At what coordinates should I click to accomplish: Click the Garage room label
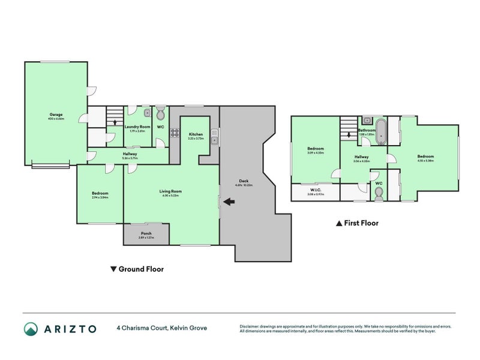tap(56, 114)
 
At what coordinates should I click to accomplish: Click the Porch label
tap(146, 233)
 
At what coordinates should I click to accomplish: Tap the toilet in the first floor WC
tap(378, 192)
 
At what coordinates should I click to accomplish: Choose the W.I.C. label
tap(315, 190)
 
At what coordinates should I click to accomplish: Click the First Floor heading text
tap(361, 223)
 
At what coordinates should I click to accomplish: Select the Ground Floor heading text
tap(141, 269)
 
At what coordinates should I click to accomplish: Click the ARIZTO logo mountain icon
tap(31, 329)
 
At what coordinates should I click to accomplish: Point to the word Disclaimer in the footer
tap(251, 326)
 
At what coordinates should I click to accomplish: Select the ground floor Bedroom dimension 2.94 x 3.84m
tap(100, 197)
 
